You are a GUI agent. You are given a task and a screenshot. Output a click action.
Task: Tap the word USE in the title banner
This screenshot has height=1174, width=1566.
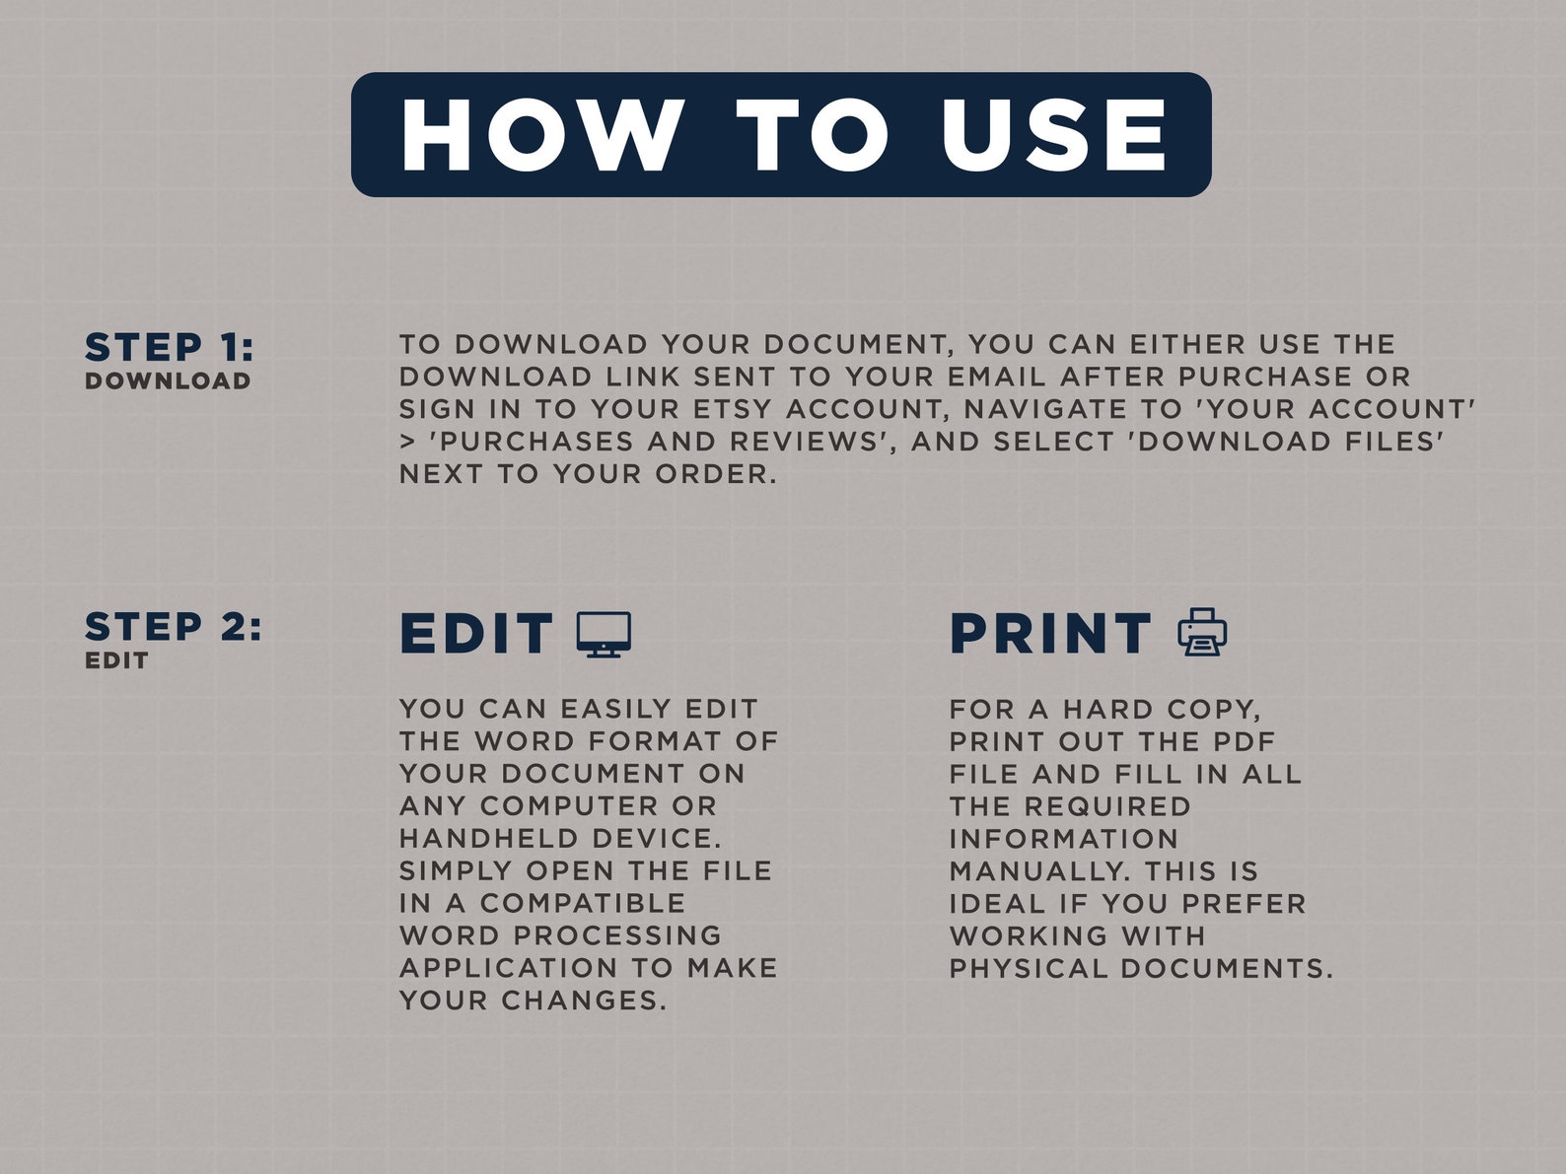coord(1053,135)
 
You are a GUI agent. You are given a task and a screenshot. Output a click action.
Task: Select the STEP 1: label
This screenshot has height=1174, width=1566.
coord(169,347)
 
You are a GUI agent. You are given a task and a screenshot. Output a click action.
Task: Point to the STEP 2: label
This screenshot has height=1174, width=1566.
coord(174,627)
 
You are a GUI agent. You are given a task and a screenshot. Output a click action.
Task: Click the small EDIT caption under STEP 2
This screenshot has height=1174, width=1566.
coord(116,660)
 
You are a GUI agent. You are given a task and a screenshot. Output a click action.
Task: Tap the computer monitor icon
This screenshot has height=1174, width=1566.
coord(604,634)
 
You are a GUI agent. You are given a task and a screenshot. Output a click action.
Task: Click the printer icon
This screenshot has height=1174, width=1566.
coord(1202,633)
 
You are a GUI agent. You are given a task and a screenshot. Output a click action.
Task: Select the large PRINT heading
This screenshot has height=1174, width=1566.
coord(1050,633)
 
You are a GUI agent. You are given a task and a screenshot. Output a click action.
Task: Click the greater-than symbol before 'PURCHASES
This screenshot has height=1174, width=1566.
coord(407,443)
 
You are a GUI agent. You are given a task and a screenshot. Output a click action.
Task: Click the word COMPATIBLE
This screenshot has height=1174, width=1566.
coord(583,904)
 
